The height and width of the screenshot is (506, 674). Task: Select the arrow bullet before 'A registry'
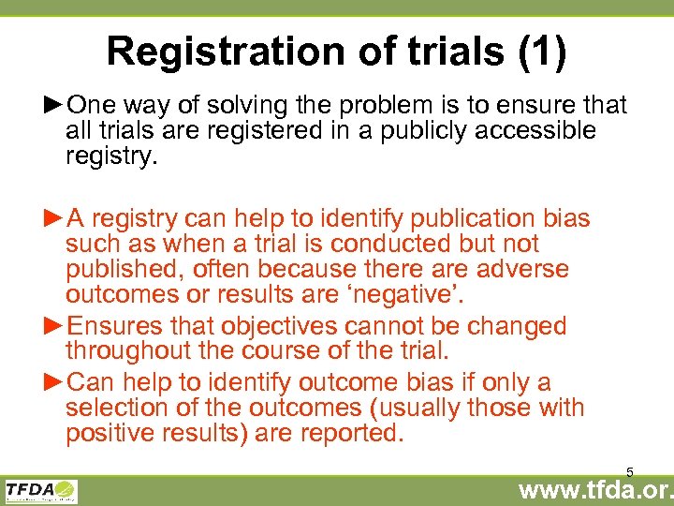tap(54, 219)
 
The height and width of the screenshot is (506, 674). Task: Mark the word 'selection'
tap(121, 408)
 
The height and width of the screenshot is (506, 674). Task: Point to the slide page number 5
tap(630, 472)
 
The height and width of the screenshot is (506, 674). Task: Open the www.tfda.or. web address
tap(594, 491)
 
